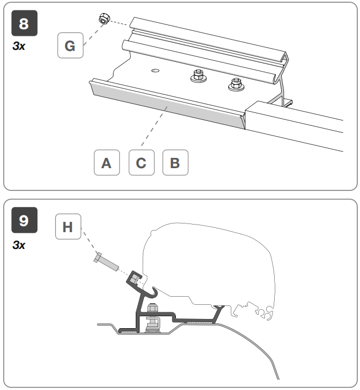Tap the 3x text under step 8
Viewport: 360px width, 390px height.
click(x=18, y=47)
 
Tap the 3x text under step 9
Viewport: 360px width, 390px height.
click(x=18, y=245)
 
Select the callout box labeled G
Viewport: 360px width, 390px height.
click(x=70, y=46)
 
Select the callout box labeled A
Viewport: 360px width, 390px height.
click(x=107, y=163)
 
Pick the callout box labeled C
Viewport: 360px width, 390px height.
click(x=141, y=163)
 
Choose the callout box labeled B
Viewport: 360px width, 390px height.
click(x=175, y=163)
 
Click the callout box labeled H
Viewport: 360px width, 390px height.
click(x=67, y=227)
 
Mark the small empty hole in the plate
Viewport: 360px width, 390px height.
click(x=155, y=70)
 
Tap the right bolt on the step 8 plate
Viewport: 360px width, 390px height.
click(x=235, y=84)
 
